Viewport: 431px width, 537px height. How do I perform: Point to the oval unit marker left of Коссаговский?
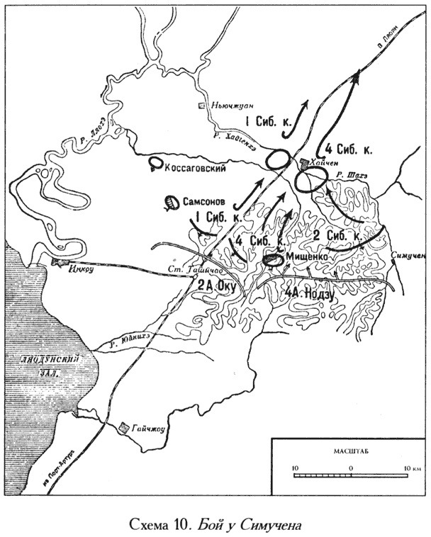tap(154, 165)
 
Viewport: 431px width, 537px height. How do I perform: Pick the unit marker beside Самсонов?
tap(171, 203)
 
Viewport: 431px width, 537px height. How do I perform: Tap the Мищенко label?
tap(308, 258)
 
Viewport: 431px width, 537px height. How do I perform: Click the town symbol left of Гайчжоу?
tap(125, 427)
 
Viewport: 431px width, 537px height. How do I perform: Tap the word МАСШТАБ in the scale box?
tap(347, 451)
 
